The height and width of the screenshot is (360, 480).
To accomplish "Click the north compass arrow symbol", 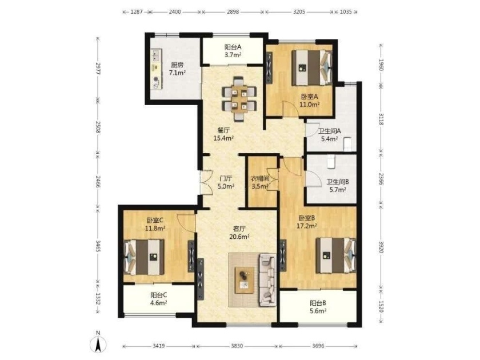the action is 98,343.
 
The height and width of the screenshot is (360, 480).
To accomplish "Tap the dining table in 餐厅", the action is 239,98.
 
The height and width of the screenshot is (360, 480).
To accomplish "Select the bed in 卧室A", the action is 312,67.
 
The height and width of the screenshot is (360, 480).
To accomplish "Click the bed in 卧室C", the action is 144,257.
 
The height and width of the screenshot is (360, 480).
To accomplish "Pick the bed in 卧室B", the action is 336,255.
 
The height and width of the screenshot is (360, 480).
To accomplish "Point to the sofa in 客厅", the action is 269,279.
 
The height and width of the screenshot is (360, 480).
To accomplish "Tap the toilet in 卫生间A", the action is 347,144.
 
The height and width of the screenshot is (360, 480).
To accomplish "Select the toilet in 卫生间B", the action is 331,162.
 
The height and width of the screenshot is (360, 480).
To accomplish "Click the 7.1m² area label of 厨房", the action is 178,73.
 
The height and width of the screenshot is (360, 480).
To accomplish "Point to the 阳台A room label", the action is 233,47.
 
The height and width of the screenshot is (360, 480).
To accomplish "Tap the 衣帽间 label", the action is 260,178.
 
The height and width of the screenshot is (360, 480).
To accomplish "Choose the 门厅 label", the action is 226,178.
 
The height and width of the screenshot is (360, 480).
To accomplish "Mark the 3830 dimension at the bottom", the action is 237,346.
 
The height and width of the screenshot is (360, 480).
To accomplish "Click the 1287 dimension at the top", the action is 137,12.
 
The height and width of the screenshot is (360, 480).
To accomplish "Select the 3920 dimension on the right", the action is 381,247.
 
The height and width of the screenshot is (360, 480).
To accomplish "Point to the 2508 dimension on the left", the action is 98,127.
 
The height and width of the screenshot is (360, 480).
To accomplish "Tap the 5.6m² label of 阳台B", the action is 318,311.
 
